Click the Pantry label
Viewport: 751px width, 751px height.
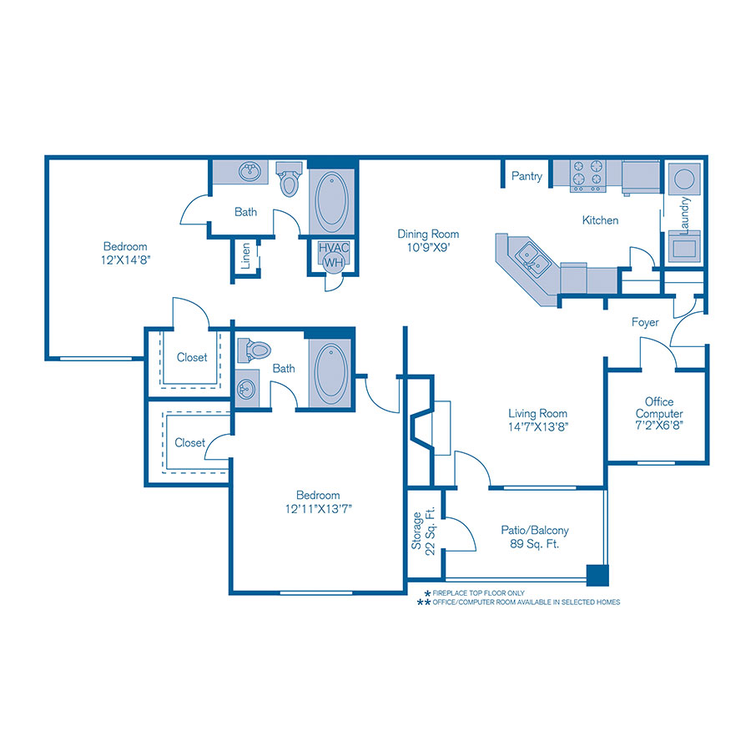tap(527, 176)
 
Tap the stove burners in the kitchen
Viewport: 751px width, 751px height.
tap(587, 176)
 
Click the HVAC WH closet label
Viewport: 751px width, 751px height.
tap(333, 255)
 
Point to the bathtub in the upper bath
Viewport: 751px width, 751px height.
tap(333, 203)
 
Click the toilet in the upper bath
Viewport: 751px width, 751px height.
tap(289, 179)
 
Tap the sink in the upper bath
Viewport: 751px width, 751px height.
tap(248, 173)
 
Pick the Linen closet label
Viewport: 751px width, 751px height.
tap(246, 257)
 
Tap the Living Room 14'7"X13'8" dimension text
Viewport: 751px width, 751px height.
tap(537, 426)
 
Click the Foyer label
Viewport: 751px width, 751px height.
tap(645, 322)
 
